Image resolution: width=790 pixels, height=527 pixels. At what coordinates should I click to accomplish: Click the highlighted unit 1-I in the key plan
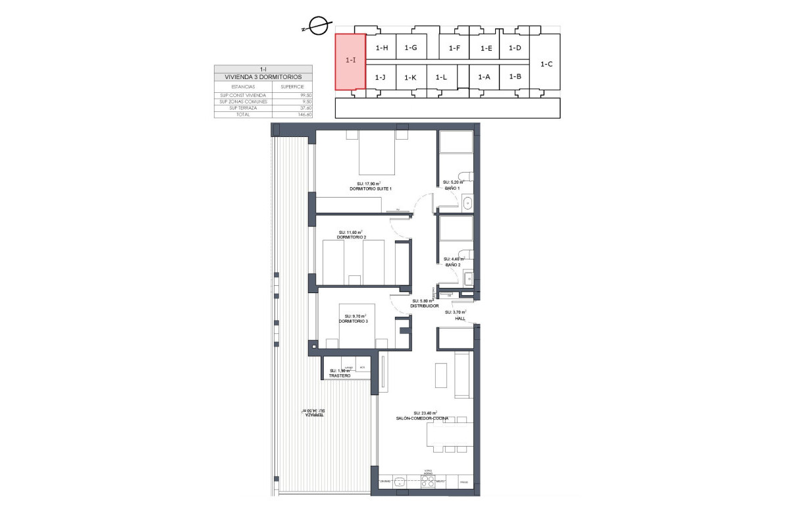coord(350,61)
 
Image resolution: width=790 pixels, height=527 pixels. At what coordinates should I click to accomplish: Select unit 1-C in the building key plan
coord(546,64)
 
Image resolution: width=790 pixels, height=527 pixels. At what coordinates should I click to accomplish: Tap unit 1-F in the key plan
coord(454,48)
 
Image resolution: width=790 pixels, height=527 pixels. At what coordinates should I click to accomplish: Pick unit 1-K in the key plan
coord(410,78)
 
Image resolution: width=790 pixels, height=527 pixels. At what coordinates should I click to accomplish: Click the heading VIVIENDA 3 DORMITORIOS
coord(263,77)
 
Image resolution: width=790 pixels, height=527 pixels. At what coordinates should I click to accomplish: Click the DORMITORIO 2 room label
coord(351,237)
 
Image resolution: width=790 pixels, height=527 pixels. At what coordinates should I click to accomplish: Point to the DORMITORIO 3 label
coord(353,321)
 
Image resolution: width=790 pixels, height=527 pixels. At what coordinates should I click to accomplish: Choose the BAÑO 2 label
coord(452,265)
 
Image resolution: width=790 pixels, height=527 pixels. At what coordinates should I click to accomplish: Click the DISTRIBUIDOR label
coord(424,306)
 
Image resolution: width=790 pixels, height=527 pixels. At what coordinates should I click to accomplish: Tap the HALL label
coord(460,318)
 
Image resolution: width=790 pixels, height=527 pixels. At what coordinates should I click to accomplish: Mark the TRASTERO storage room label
coord(340,375)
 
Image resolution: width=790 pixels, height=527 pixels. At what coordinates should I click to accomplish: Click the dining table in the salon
coord(449,434)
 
